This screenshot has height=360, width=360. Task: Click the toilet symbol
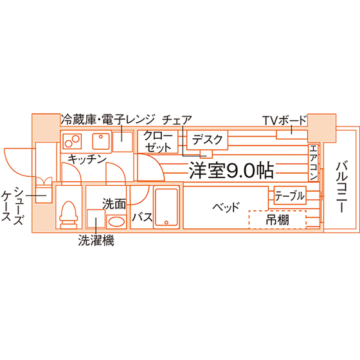68,215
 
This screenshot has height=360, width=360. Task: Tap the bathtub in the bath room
166,208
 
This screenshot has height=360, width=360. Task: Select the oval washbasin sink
116,222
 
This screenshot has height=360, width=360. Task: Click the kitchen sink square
101,141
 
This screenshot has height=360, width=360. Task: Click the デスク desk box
207,140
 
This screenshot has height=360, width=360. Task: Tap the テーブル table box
290,195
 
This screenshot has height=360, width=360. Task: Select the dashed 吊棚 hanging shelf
278,219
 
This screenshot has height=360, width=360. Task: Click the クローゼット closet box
157,141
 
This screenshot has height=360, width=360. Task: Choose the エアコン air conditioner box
313,163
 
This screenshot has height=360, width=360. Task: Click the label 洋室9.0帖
231,170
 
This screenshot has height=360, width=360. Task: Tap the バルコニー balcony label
341,186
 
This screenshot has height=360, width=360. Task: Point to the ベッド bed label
226,207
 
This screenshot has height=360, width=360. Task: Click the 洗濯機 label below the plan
96,240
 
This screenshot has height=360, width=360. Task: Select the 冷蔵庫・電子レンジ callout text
108,120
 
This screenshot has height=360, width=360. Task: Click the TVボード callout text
285,120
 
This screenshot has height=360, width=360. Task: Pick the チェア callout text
177,120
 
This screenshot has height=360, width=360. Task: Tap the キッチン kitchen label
87,159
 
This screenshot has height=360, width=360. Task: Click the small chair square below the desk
206,154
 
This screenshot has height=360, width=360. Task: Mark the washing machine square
96,219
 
